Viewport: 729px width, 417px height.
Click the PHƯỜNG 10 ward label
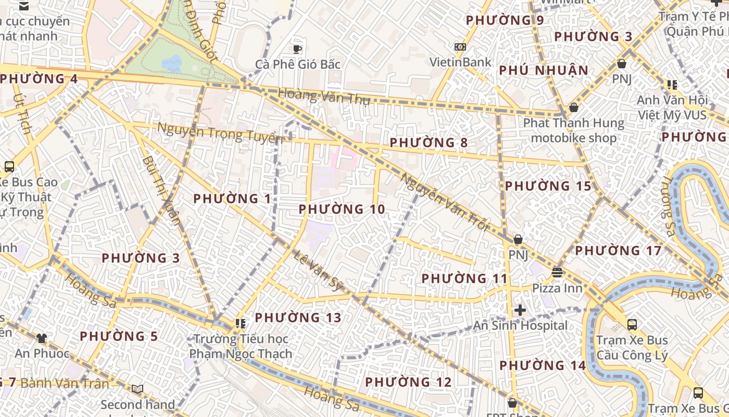(x=342, y=210)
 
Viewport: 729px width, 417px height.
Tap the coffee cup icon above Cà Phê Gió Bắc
(x=297, y=49)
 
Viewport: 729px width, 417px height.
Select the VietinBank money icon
(x=460, y=47)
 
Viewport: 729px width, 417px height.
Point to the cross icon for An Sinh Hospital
(x=520, y=311)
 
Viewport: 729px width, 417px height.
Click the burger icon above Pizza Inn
(x=557, y=273)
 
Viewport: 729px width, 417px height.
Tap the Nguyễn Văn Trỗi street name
(x=445, y=202)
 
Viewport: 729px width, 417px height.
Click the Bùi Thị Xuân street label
(x=161, y=190)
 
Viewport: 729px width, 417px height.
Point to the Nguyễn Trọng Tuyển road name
(x=220, y=132)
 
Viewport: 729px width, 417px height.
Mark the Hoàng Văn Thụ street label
(x=324, y=96)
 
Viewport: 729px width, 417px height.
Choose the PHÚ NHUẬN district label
(x=544, y=70)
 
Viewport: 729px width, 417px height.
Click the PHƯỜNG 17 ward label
(x=618, y=251)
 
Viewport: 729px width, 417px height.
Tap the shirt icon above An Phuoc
(x=42, y=338)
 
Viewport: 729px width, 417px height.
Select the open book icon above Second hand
(x=137, y=389)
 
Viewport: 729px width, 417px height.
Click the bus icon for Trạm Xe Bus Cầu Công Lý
(x=632, y=325)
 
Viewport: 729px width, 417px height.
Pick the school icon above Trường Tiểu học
(x=240, y=324)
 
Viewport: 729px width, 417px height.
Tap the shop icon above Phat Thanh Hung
(x=573, y=107)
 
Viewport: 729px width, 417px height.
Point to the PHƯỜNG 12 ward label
(x=408, y=382)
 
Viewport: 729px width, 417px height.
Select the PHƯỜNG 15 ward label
(x=548, y=186)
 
